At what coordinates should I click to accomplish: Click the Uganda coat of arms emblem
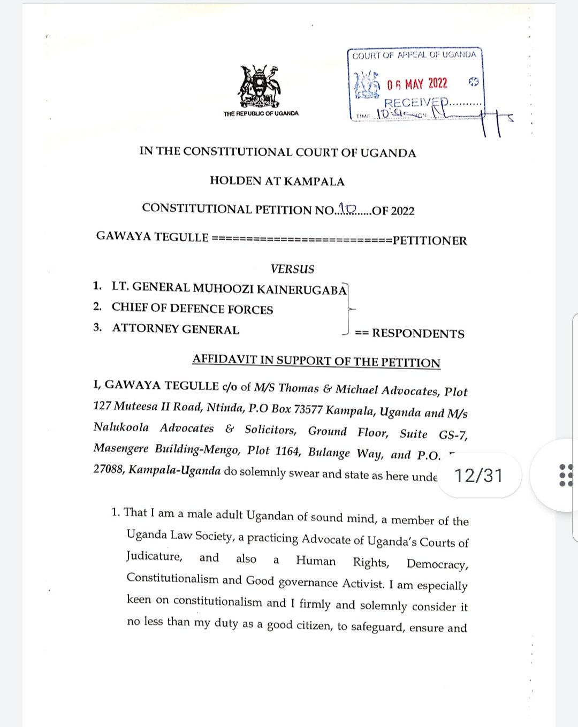point(260,87)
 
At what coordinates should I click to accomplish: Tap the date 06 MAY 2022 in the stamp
point(417,84)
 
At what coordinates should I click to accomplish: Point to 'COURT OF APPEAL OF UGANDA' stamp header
point(414,55)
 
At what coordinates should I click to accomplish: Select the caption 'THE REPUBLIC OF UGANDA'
point(261,113)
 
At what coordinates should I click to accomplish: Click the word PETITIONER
point(430,241)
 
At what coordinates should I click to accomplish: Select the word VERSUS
point(292,269)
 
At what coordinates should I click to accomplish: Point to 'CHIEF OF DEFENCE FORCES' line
point(192,309)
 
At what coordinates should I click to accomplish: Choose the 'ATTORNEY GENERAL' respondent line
point(176,329)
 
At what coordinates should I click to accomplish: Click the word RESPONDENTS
point(418,334)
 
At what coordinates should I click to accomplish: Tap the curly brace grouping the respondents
point(348,309)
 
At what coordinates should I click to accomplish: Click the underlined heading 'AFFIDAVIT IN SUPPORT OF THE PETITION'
point(316,361)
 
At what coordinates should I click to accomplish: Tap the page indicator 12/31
point(478,475)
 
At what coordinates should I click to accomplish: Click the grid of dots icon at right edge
point(566,475)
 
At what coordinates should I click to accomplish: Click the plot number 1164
point(287,451)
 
